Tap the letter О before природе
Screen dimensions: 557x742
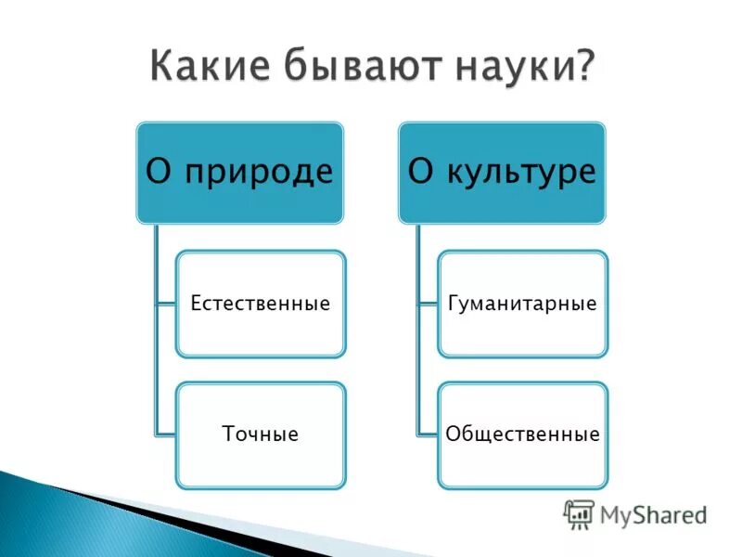click(x=159, y=173)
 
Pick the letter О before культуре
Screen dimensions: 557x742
click(x=420, y=173)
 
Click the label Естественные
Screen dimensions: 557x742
click(x=260, y=304)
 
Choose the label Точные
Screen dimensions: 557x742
click(x=260, y=434)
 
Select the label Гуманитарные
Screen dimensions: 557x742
click(x=522, y=304)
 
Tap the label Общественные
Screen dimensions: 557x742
click(x=522, y=434)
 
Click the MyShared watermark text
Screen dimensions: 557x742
click(x=653, y=513)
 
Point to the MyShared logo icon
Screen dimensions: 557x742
click(x=579, y=514)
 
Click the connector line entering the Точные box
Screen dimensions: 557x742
click(x=165, y=434)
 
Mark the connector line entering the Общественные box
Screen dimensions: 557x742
click(x=428, y=434)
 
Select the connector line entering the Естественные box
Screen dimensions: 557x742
click(x=165, y=304)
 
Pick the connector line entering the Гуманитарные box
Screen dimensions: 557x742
click(x=428, y=304)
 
